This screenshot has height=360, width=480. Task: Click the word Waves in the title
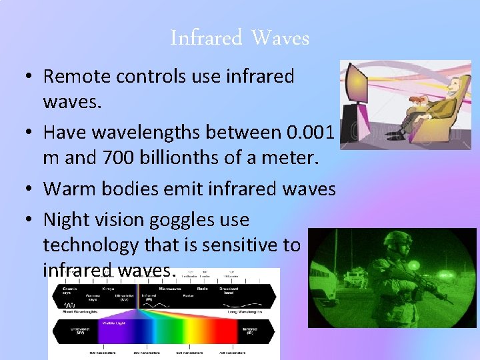[x=280, y=38]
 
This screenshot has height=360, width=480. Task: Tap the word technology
[x=91, y=245]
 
